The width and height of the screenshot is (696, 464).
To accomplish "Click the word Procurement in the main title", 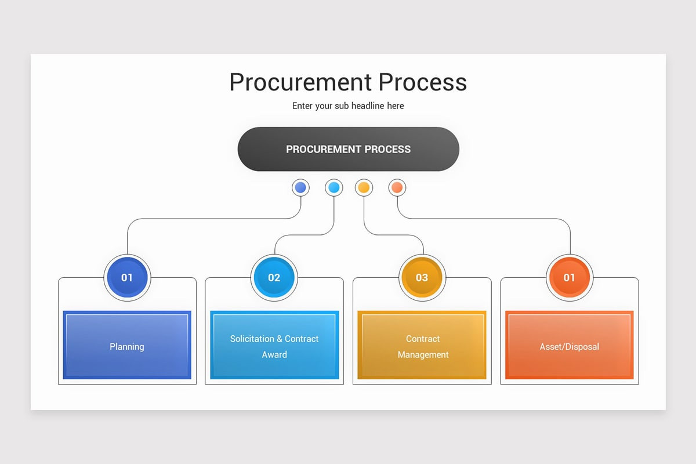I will [x=300, y=82].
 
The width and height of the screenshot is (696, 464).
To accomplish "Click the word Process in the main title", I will [x=423, y=82].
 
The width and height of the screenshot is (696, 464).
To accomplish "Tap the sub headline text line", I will [x=348, y=106].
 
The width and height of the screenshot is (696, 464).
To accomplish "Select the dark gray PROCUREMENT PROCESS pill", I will [x=348, y=149].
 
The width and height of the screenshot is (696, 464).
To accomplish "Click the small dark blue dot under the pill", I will [x=300, y=187].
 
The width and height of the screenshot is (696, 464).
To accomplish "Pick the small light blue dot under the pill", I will [x=333, y=187].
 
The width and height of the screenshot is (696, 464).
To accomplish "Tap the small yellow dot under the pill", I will [x=364, y=187].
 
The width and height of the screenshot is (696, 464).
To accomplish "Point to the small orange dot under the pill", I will [x=397, y=187].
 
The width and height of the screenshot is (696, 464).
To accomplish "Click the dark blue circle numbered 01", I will [x=127, y=277].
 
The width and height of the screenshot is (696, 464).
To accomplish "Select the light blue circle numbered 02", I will [x=274, y=277].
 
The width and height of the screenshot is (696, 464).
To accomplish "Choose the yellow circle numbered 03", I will [x=422, y=277].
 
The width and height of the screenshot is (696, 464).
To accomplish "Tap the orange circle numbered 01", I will [x=570, y=277].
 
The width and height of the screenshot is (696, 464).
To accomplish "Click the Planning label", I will [x=127, y=347].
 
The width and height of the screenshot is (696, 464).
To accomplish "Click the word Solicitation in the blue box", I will [x=252, y=339].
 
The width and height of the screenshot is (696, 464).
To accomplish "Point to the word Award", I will [x=274, y=354].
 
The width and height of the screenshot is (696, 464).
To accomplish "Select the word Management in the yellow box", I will [x=423, y=354].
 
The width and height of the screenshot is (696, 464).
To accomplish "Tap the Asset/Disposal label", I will [x=570, y=347].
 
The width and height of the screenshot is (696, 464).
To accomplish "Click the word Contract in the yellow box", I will [x=423, y=339].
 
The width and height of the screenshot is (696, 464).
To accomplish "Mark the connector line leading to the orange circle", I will [x=493, y=219].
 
